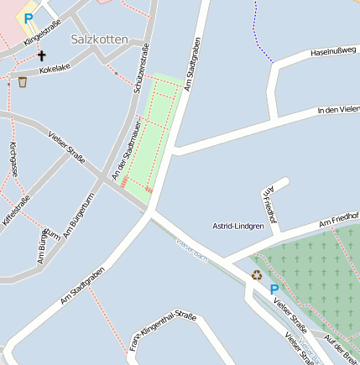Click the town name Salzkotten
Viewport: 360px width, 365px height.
click(100, 39)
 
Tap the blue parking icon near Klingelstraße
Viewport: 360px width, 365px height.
click(29, 18)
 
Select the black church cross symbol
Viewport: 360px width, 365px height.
click(41, 55)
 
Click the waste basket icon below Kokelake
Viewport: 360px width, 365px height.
click(22, 81)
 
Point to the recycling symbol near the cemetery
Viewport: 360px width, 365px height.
click(257, 274)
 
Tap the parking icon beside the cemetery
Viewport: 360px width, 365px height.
click(274, 289)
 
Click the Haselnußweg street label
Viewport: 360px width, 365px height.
click(335, 52)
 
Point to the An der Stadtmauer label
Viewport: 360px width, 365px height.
click(125, 149)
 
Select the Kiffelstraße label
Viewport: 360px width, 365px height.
click(17, 209)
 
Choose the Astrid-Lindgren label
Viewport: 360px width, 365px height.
click(237, 226)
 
